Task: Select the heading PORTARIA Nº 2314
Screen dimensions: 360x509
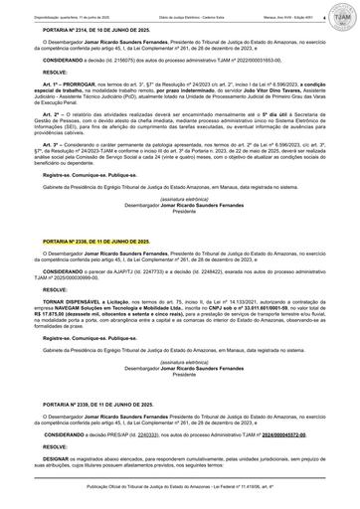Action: pyautogui.click(x=75, y=31)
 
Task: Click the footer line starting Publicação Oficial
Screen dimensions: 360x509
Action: pyautogui.click(x=180, y=501)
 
